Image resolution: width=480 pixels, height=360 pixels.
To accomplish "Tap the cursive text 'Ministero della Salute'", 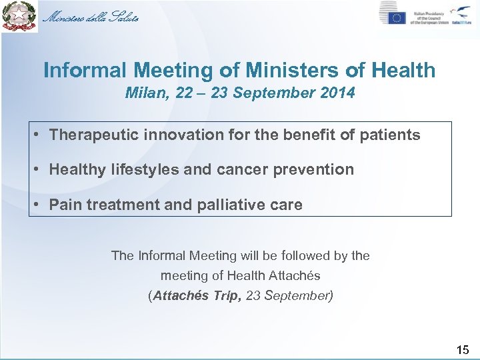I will click(x=91, y=17).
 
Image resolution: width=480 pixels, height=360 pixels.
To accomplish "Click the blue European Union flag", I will click(x=393, y=17).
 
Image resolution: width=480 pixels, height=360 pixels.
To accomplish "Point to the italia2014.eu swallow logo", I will click(x=460, y=15).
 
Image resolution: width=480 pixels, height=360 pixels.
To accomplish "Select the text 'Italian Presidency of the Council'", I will click(x=429, y=17).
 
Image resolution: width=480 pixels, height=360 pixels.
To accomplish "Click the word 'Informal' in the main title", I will click(x=85, y=70).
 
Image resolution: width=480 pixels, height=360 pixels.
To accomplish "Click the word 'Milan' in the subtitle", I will click(x=143, y=93).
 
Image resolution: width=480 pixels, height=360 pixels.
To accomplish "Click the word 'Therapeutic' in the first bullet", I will click(x=93, y=135).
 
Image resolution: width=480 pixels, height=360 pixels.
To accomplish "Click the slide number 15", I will click(x=463, y=349).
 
